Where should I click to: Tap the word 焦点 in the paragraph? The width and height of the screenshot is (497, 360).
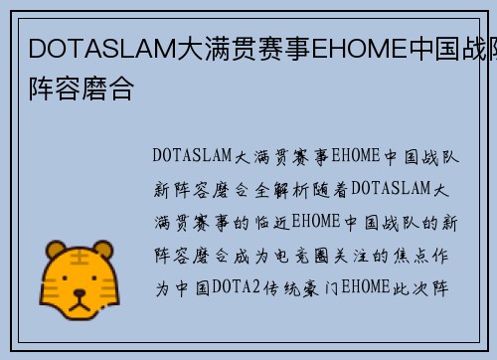pos(417,257)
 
